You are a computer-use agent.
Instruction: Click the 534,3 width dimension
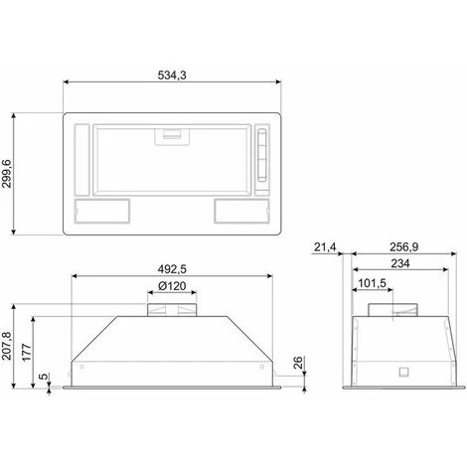point(172,76)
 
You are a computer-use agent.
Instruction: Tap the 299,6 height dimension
point(7,174)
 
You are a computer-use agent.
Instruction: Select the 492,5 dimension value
point(172,269)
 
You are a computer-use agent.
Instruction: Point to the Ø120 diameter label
point(172,286)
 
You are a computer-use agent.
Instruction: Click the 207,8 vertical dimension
point(7,346)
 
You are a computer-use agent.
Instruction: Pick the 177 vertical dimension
point(27,353)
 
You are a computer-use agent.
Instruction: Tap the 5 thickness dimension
point(43,377)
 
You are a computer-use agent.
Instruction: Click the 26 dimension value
point(298,363)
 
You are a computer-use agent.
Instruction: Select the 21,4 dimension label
point(325,247)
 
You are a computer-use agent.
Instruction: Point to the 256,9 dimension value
point(403,247)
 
